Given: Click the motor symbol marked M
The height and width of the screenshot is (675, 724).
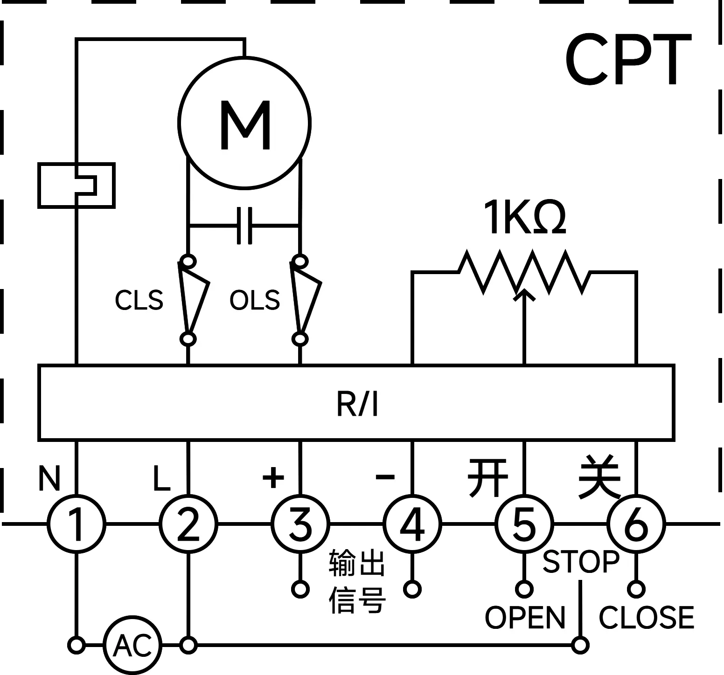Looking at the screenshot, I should (244, 124).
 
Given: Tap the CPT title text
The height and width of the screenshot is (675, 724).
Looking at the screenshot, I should (627, 61).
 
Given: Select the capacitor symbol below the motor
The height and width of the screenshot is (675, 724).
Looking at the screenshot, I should (244, 226).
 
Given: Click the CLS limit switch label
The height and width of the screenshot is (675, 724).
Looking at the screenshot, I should (139, 300).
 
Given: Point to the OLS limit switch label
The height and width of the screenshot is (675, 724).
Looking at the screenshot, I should (255, 300).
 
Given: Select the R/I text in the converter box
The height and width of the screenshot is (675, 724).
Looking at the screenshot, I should (357, 403).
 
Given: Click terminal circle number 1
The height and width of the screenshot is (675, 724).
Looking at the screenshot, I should (77, 524).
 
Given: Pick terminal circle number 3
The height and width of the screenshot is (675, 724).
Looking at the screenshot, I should (300, 524).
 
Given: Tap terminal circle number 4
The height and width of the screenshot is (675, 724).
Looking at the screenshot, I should (412, 524).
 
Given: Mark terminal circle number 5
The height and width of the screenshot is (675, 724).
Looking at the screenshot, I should (524, 524).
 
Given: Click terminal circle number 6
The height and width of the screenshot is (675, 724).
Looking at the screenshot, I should (636, 524).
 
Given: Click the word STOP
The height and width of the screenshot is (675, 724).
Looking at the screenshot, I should (581, 561).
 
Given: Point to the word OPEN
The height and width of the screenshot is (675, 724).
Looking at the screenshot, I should (525, 617).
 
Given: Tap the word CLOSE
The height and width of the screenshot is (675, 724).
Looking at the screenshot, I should (646, 617).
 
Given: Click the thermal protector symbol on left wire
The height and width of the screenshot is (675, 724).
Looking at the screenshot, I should (77, 185).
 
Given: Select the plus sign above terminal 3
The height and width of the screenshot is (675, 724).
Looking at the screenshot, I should (273, 476).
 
